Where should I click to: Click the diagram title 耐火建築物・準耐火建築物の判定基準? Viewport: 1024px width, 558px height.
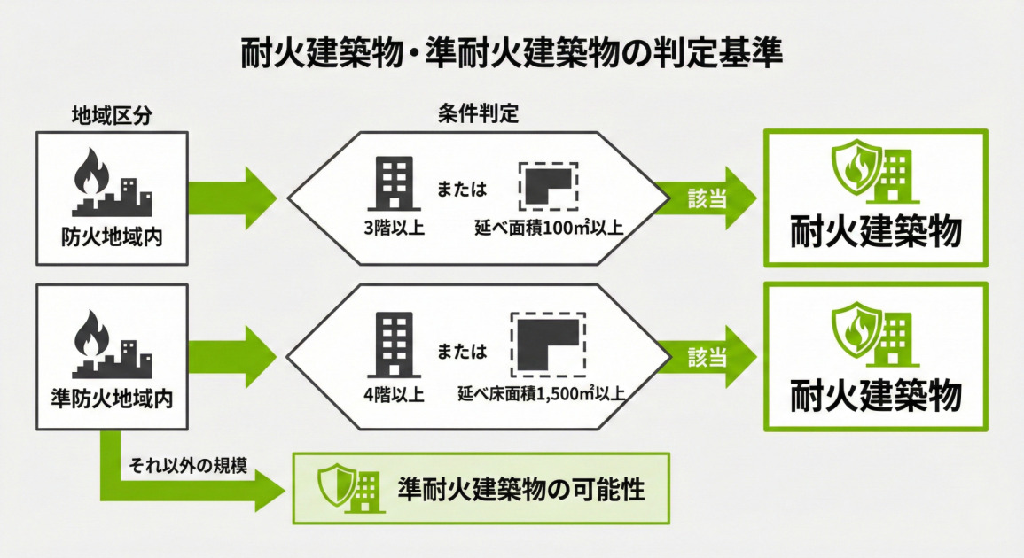coord(512,53)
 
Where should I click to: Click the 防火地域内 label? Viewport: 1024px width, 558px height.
coord(112,238)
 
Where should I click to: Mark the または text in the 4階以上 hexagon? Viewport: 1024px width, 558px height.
coord(463,352)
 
